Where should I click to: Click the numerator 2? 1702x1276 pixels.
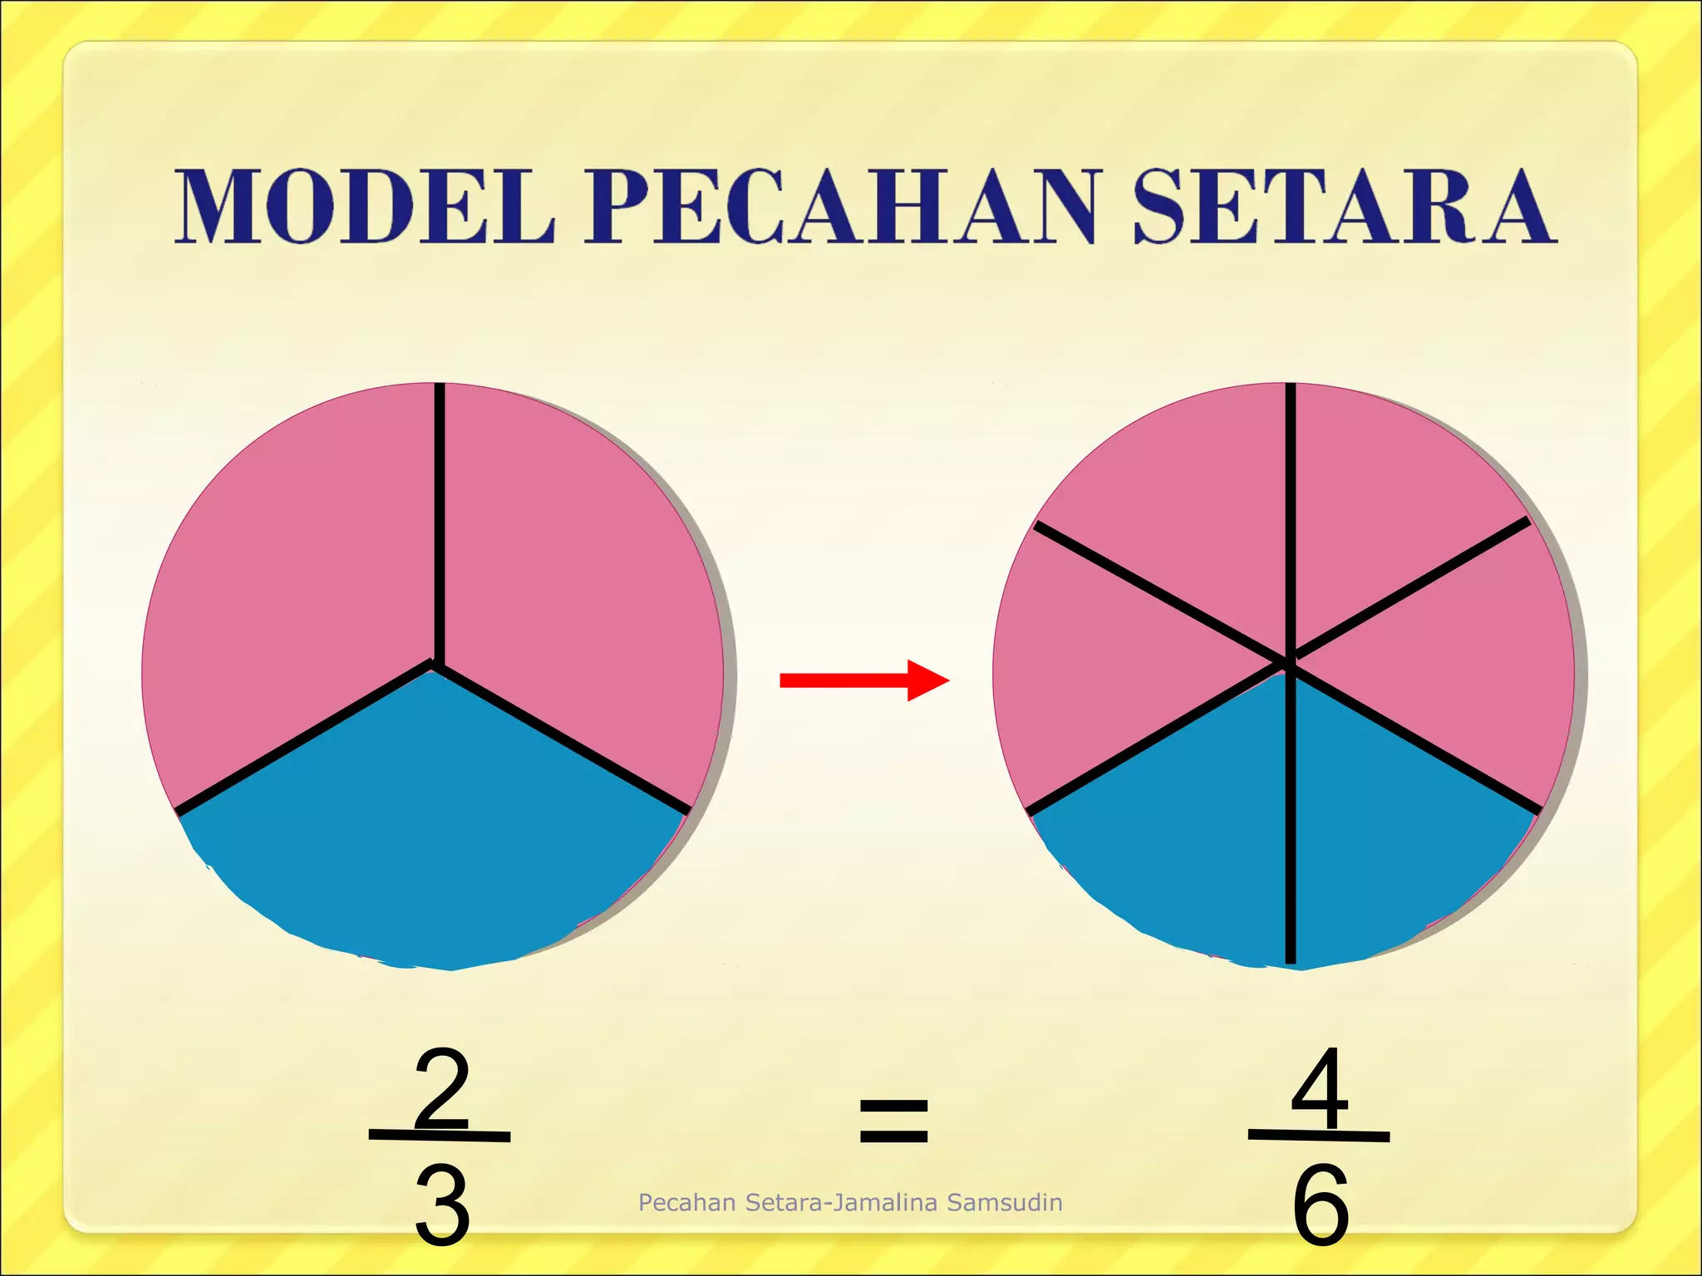[x=441, y=1089]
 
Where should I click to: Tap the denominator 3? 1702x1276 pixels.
[x=441, y=1205]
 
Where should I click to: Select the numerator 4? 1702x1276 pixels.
[x=1321, y=1087]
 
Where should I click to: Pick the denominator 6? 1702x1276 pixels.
[x=1321, y=1205]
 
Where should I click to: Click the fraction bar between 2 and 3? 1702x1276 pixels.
[x=440, y=1135]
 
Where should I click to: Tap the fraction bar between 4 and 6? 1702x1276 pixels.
[x=1319, y=1135]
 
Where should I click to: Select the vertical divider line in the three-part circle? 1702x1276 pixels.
[x=439, y=523]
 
